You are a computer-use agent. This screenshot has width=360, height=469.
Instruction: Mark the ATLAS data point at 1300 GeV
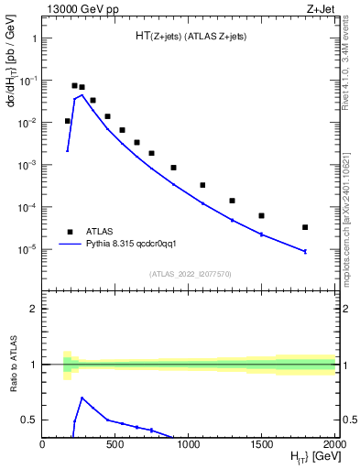tap(232, 201)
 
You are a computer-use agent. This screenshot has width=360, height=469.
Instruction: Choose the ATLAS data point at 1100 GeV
tap(202, 185)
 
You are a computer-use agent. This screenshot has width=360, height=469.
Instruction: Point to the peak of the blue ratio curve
tap(82, 398)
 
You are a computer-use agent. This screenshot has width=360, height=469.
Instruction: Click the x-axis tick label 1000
tap(188, 444)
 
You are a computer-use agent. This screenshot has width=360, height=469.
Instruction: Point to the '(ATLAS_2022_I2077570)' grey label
tap(189, 274)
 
